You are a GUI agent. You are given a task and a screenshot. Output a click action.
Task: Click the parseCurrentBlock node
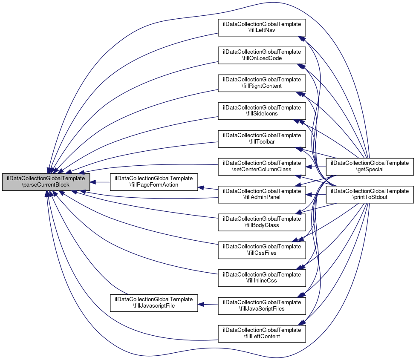[x=46, y=182]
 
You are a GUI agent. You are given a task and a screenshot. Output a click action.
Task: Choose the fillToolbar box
[x=262, y=139]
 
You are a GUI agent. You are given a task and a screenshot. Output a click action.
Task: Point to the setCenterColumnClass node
[x=262, y=166]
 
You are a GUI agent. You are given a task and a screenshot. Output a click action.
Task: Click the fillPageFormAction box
[x=154, y=182]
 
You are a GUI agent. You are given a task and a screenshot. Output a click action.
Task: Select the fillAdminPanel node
[x=262, y=194]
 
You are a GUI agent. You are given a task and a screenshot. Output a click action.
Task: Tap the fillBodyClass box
[x=262, y=222]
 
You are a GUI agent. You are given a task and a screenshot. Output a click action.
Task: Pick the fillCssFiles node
[x=262, y=249]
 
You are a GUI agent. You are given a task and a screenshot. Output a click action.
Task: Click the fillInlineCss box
[x=262, y=278]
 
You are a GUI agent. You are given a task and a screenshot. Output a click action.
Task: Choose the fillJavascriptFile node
[x=154, y=302]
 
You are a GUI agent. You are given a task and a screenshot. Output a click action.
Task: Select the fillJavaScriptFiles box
[x=262, y=305]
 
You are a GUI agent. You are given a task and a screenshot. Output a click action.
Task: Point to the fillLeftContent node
[x=262, y=333]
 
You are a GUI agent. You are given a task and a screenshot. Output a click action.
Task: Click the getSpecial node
[x=370, y=166]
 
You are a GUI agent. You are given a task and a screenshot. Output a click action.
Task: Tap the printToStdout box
[x=370, y=194]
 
